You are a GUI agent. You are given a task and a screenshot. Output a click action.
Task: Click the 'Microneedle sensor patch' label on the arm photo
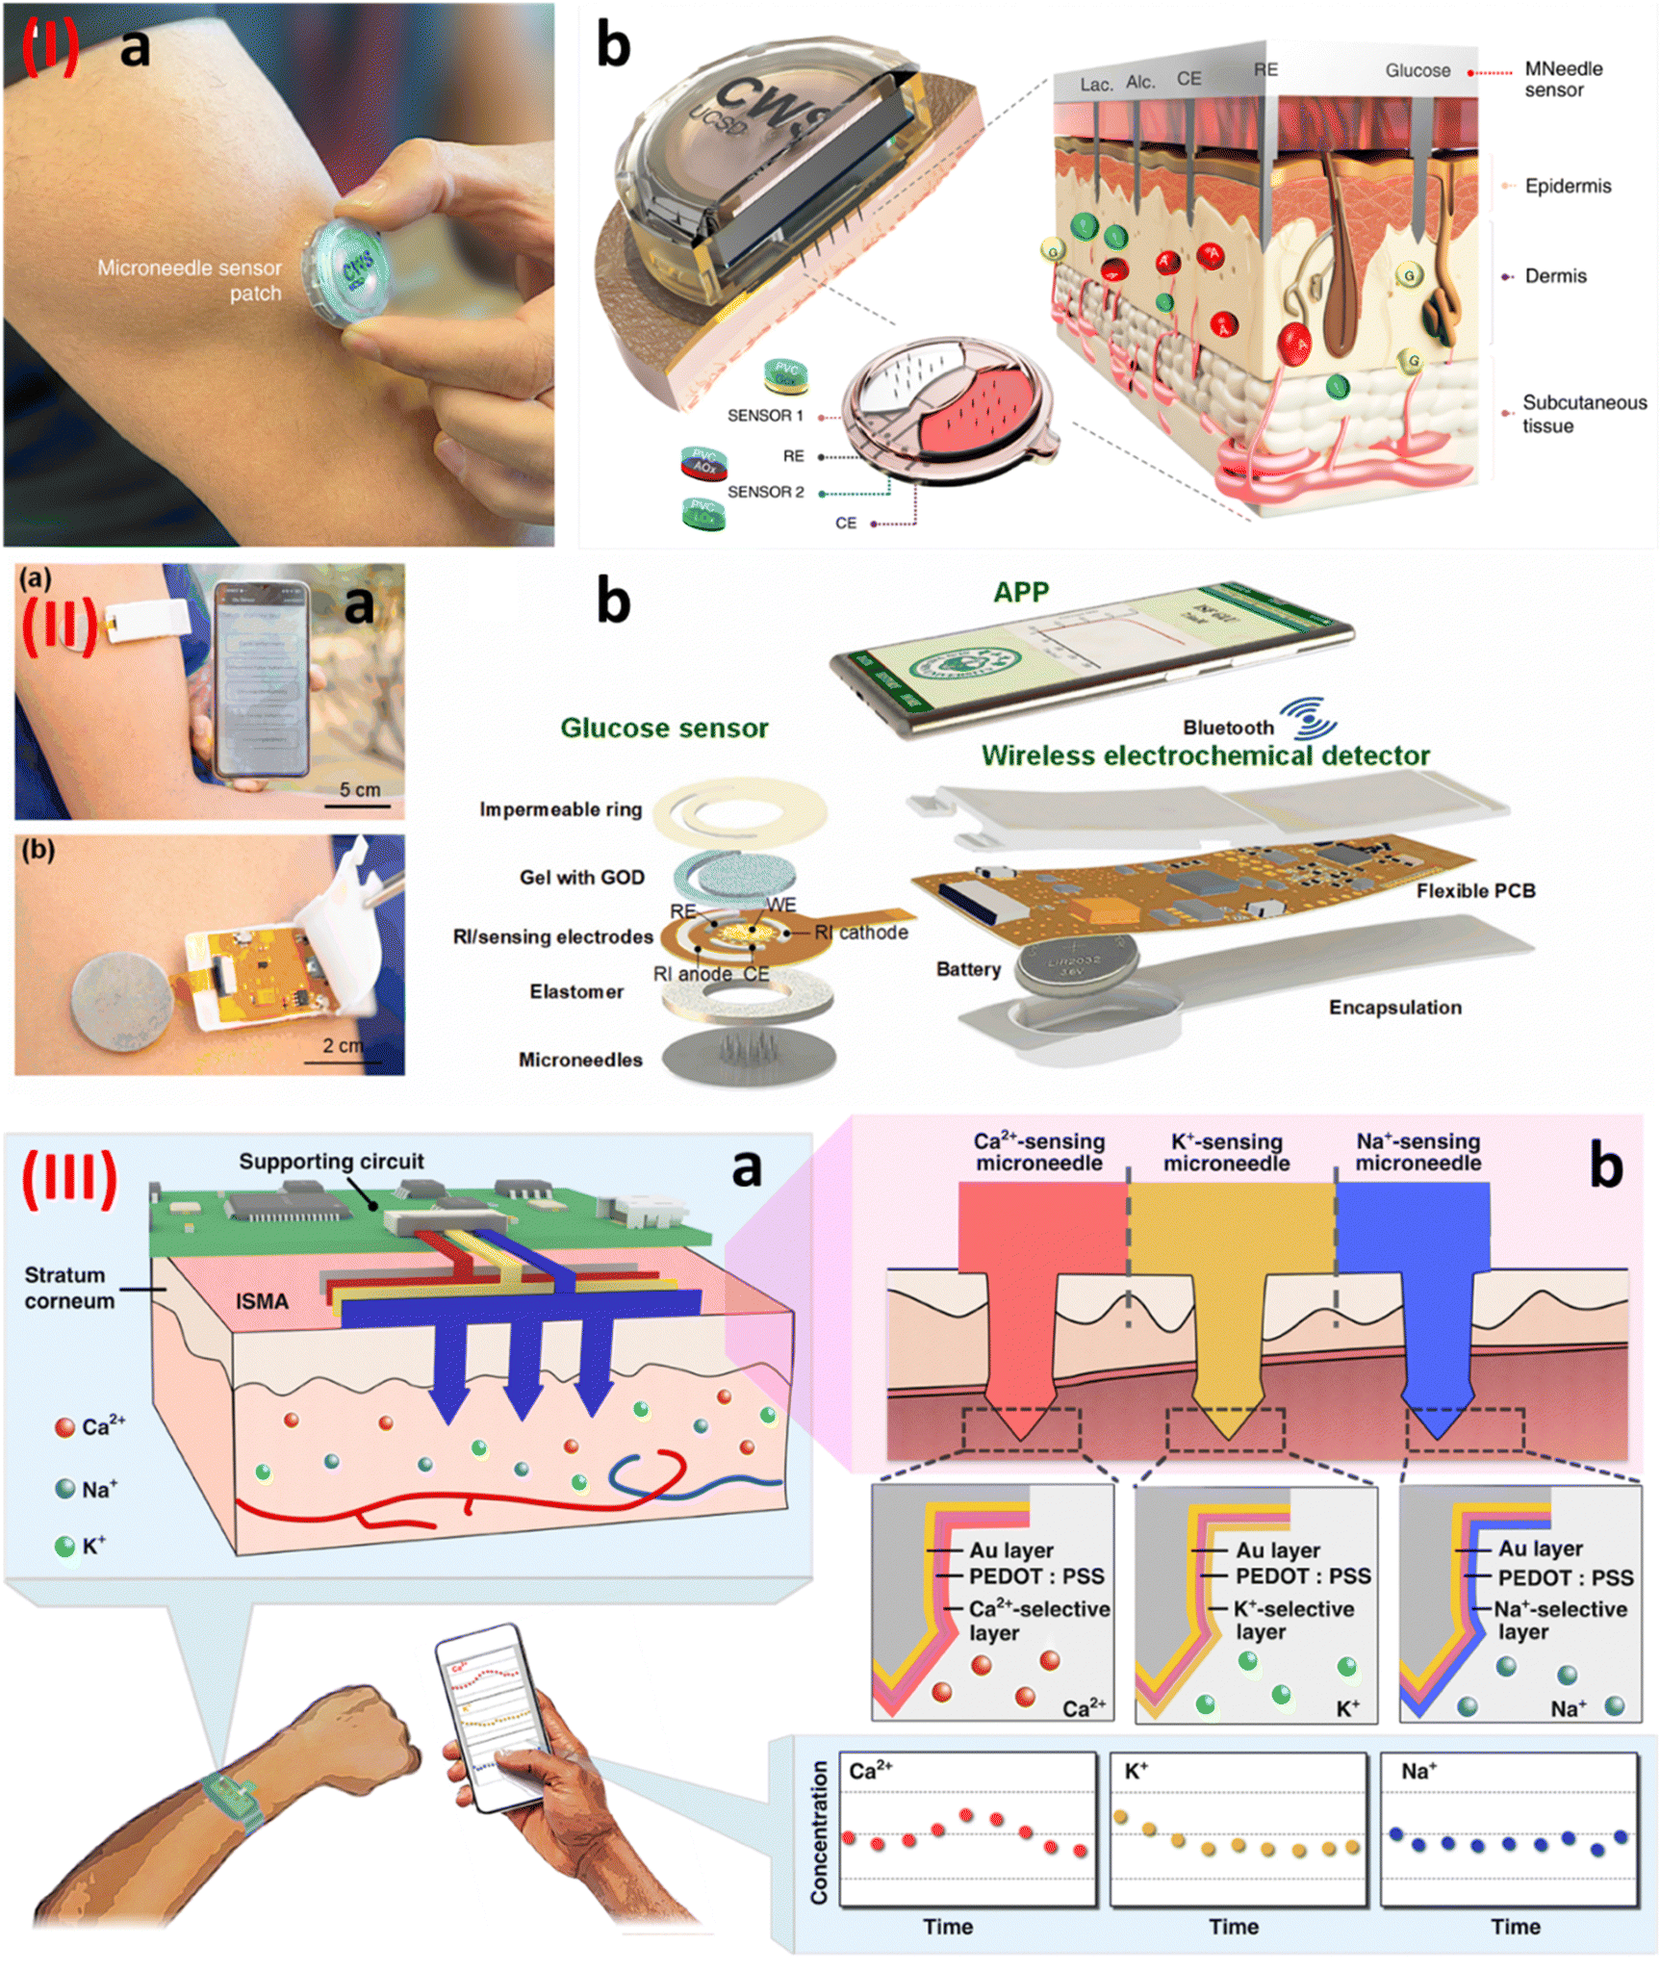pyautogui.click(x=190, y=280)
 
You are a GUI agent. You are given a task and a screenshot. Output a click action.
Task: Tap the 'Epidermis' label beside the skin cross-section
pyautogui.click(x=1567, y=186)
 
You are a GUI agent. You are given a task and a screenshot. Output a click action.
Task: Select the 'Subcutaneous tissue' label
pyautogui.click(x=1583, y=414)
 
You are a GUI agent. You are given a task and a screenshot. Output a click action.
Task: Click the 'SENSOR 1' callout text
pyautogui.click(x=765, y=416)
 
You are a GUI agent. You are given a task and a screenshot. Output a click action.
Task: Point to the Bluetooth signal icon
pyautogui.click(x=1310, y=718)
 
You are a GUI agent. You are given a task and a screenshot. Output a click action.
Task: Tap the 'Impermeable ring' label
pyautogui.click(x=560, y=809)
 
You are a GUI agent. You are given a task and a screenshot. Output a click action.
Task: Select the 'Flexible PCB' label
pyautogui.click(x=1474, y=891)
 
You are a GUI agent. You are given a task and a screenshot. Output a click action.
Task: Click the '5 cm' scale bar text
pyautogui.click(x=360, y=790)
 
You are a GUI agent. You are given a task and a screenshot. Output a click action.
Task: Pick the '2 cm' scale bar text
pyautogui.click(x=343, y=1045)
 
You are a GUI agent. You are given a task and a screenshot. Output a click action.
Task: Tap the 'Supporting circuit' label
pyautogui.click(x=331, y=1162)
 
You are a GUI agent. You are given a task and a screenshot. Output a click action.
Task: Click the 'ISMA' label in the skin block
pyautogui.click(x=262, y=1301)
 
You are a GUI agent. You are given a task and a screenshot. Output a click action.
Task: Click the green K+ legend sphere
pyautogui.click(x=64, y=1547)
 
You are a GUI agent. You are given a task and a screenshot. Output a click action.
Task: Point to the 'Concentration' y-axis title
pyautogui.click(x=819, y=1832)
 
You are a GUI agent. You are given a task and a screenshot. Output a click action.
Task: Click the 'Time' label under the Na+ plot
pyautogui.click(x=1515, y=1926)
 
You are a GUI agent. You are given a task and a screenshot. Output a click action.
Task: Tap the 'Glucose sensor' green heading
pyautogui.click(x=664, y=728)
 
